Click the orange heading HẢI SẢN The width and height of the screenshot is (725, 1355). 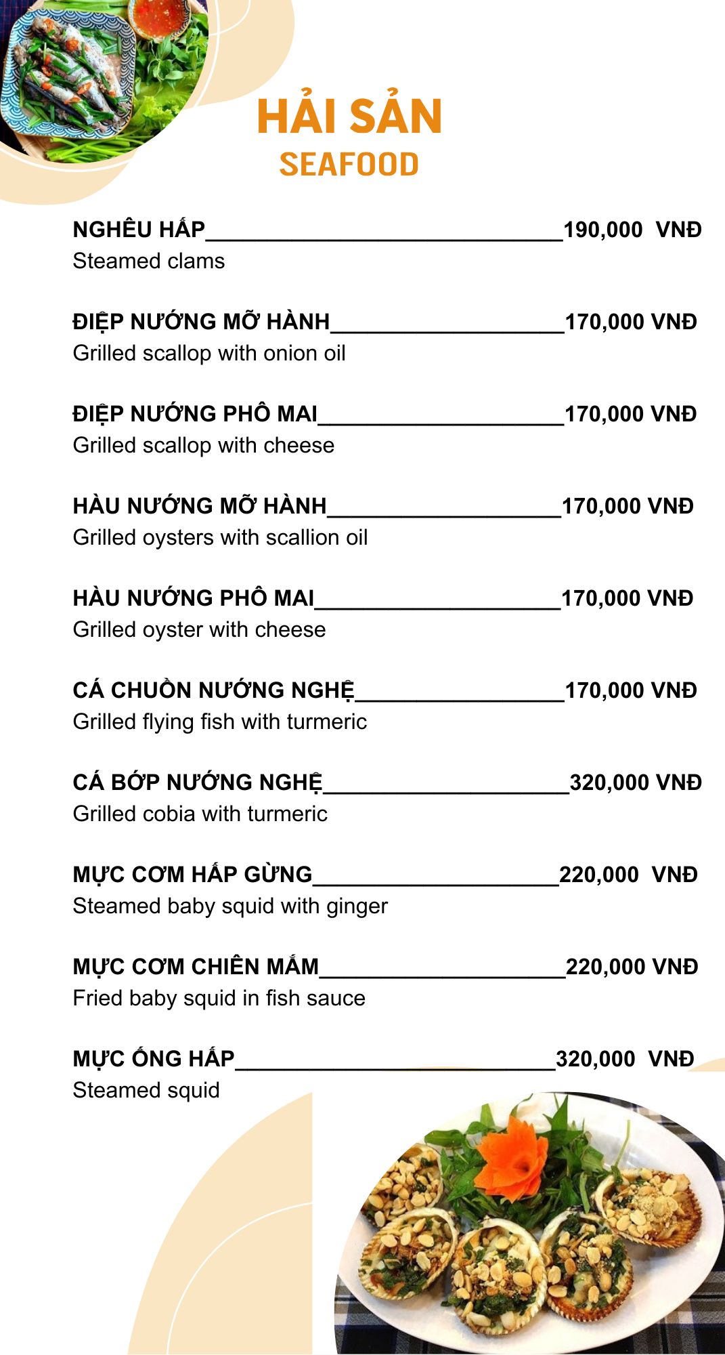tap(349, 117)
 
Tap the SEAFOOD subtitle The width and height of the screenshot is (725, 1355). tap(349, 165)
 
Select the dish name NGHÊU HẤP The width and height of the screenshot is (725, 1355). tap(139, 230)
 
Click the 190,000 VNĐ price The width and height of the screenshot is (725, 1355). tap(632, 230)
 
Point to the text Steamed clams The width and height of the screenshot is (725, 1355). tap(148, 261)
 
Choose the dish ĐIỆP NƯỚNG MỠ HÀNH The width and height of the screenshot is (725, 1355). tap(201, 322)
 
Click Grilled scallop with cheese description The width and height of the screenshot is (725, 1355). tap(203, 445)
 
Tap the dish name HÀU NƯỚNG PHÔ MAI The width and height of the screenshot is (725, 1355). tap(194, 598)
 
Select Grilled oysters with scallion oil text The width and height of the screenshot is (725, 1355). tap(220, 537)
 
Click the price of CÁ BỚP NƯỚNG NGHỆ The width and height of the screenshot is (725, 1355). tap(635, 783)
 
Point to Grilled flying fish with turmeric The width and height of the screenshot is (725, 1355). tap(219, 722)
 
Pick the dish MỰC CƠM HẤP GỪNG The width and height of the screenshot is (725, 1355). tap(192, 875)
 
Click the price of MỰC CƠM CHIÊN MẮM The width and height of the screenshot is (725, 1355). tap(631, 967)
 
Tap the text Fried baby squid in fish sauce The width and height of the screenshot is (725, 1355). tap(219, 998)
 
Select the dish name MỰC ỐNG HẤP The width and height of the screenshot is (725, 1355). tap(154, 1059)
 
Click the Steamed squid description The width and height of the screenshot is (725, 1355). tap(146, 1090)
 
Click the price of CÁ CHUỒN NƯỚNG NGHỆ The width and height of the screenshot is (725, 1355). tap(630, 690)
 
